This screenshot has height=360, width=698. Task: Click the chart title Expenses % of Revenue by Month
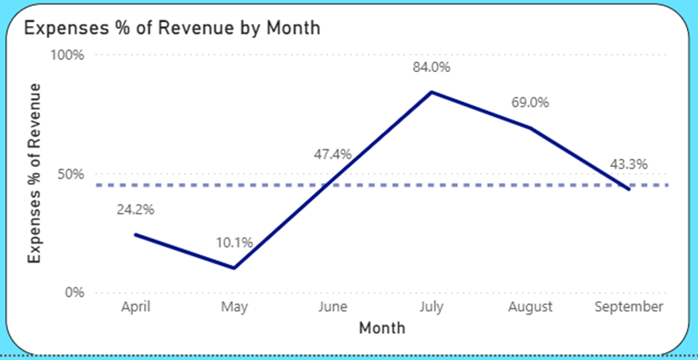[x=172, y=28]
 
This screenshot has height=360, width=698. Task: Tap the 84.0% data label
[x=432, y=68]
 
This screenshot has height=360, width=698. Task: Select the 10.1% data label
[x=235, y=242]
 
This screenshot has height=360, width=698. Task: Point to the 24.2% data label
[x=135, y=209]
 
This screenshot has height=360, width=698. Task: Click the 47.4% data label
[x=332, y=154]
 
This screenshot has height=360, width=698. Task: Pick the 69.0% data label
[x=530, y=102]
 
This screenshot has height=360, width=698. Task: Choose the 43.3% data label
[x=629, y=164]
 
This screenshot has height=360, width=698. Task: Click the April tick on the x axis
[x=135, y=307]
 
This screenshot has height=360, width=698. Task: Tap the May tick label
[x=235, y=307]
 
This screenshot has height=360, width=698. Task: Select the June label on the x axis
[x=333, y=307]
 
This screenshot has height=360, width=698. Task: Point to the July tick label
[x=432, y=307]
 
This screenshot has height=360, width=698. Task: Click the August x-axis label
[x=531, y=307]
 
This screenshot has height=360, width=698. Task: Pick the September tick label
[x=629, y=307]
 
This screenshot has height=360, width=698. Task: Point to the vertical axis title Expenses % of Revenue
[x=34, y=172]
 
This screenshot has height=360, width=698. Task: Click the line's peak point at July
[x=432, y=92]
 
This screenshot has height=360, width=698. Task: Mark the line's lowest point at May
[x=235, y=268]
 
